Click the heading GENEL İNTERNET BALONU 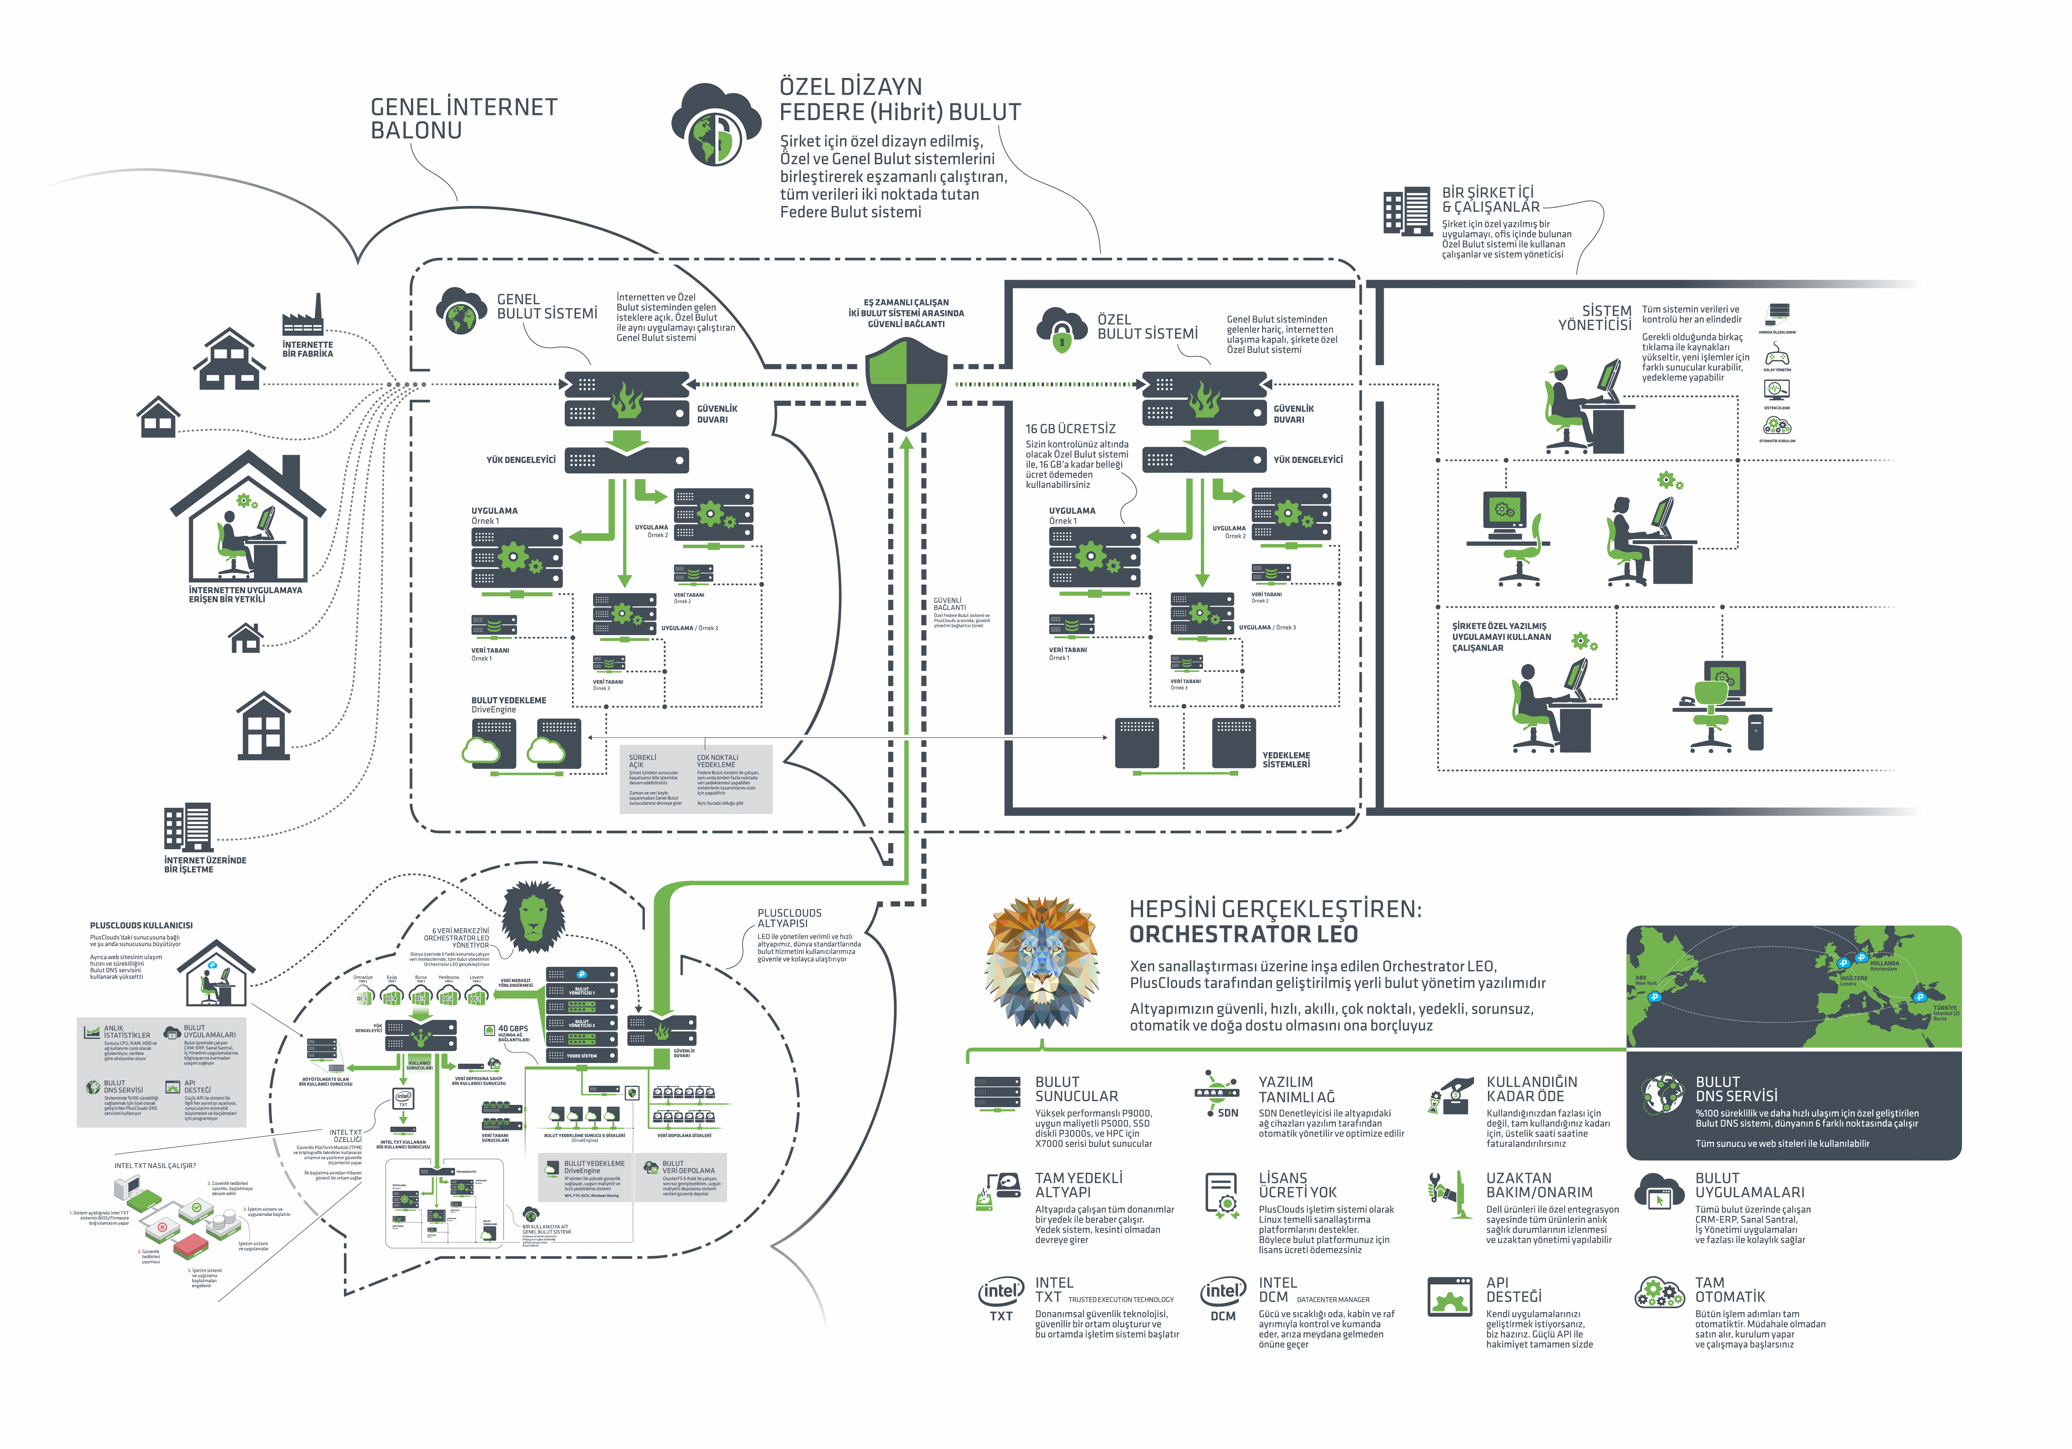[x=464, y=118]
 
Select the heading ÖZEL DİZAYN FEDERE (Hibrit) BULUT [x=900, y=99]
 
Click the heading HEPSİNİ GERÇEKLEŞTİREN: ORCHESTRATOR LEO [x=1274, y=921]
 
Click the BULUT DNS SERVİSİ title [x=1735, y=1088]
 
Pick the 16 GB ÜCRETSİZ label [x=1070, y=429]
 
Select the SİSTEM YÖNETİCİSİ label [x=1595, y=318]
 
